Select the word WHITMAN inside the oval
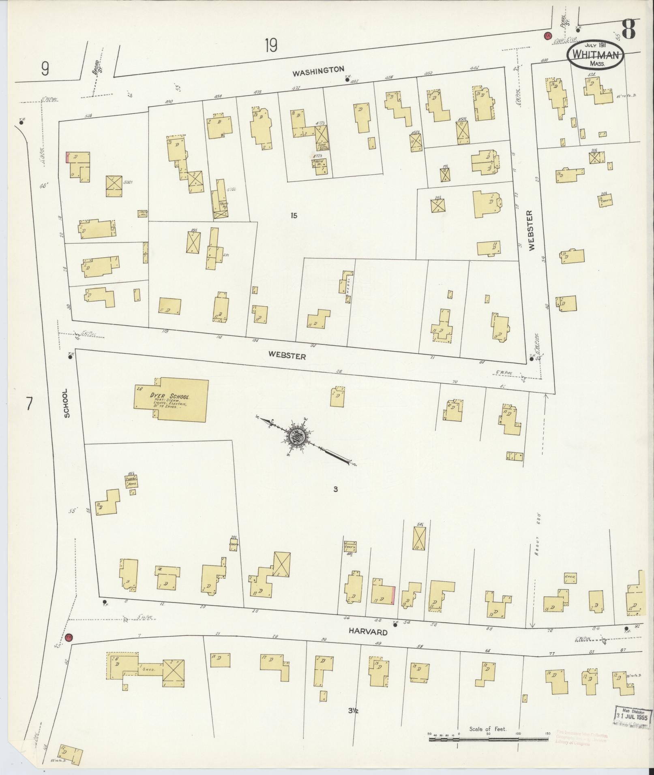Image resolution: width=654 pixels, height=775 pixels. [595, 55]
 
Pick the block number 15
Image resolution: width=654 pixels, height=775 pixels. [294, 216]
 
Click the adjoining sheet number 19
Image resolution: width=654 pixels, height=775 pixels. [271, 45]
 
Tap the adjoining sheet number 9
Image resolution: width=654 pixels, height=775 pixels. [45, 69]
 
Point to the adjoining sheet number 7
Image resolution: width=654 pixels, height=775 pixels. [29, 405]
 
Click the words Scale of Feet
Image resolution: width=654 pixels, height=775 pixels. [488, 729]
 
